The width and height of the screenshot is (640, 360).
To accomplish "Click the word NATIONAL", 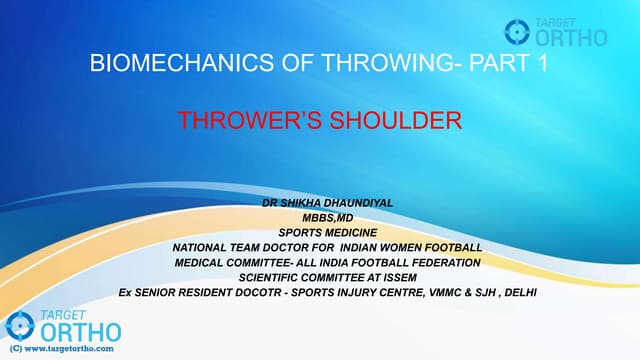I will pyautogui.click(x=204, y=247).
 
